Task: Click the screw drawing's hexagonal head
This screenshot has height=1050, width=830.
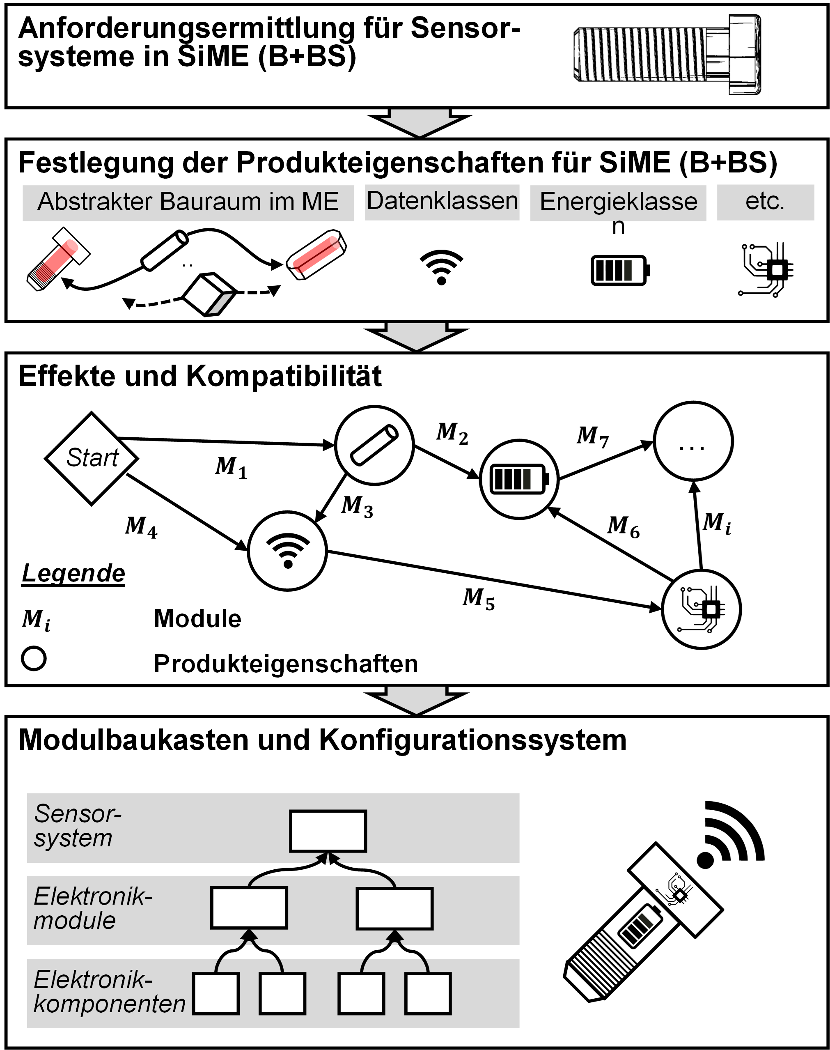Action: [745, 55]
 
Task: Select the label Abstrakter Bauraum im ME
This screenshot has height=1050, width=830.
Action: [188, 202]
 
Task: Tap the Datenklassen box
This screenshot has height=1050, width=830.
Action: [442, 202]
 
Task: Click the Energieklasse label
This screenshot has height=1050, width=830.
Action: [618, 202]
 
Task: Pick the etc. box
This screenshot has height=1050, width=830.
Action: [766, 202]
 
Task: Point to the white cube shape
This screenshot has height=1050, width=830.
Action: [208, 294]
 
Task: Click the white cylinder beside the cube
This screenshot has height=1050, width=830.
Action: [164, 251]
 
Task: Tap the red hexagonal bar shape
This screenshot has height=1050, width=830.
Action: [316, 255]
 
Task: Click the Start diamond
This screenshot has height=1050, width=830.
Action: [92, 458]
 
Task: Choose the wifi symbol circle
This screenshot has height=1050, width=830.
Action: [287, 551]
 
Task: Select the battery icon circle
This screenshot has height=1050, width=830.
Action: [519, 479]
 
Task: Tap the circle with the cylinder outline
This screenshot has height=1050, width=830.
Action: [374, 445]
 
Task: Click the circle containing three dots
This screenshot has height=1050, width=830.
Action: [693, 441]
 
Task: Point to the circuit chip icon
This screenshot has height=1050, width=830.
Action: [701, 609]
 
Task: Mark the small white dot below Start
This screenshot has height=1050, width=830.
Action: [34, 658]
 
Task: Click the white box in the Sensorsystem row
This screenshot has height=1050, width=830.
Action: [328, 831]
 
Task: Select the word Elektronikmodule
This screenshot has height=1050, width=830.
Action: [92, 908]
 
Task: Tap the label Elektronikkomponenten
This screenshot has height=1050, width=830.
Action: [109, 992]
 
